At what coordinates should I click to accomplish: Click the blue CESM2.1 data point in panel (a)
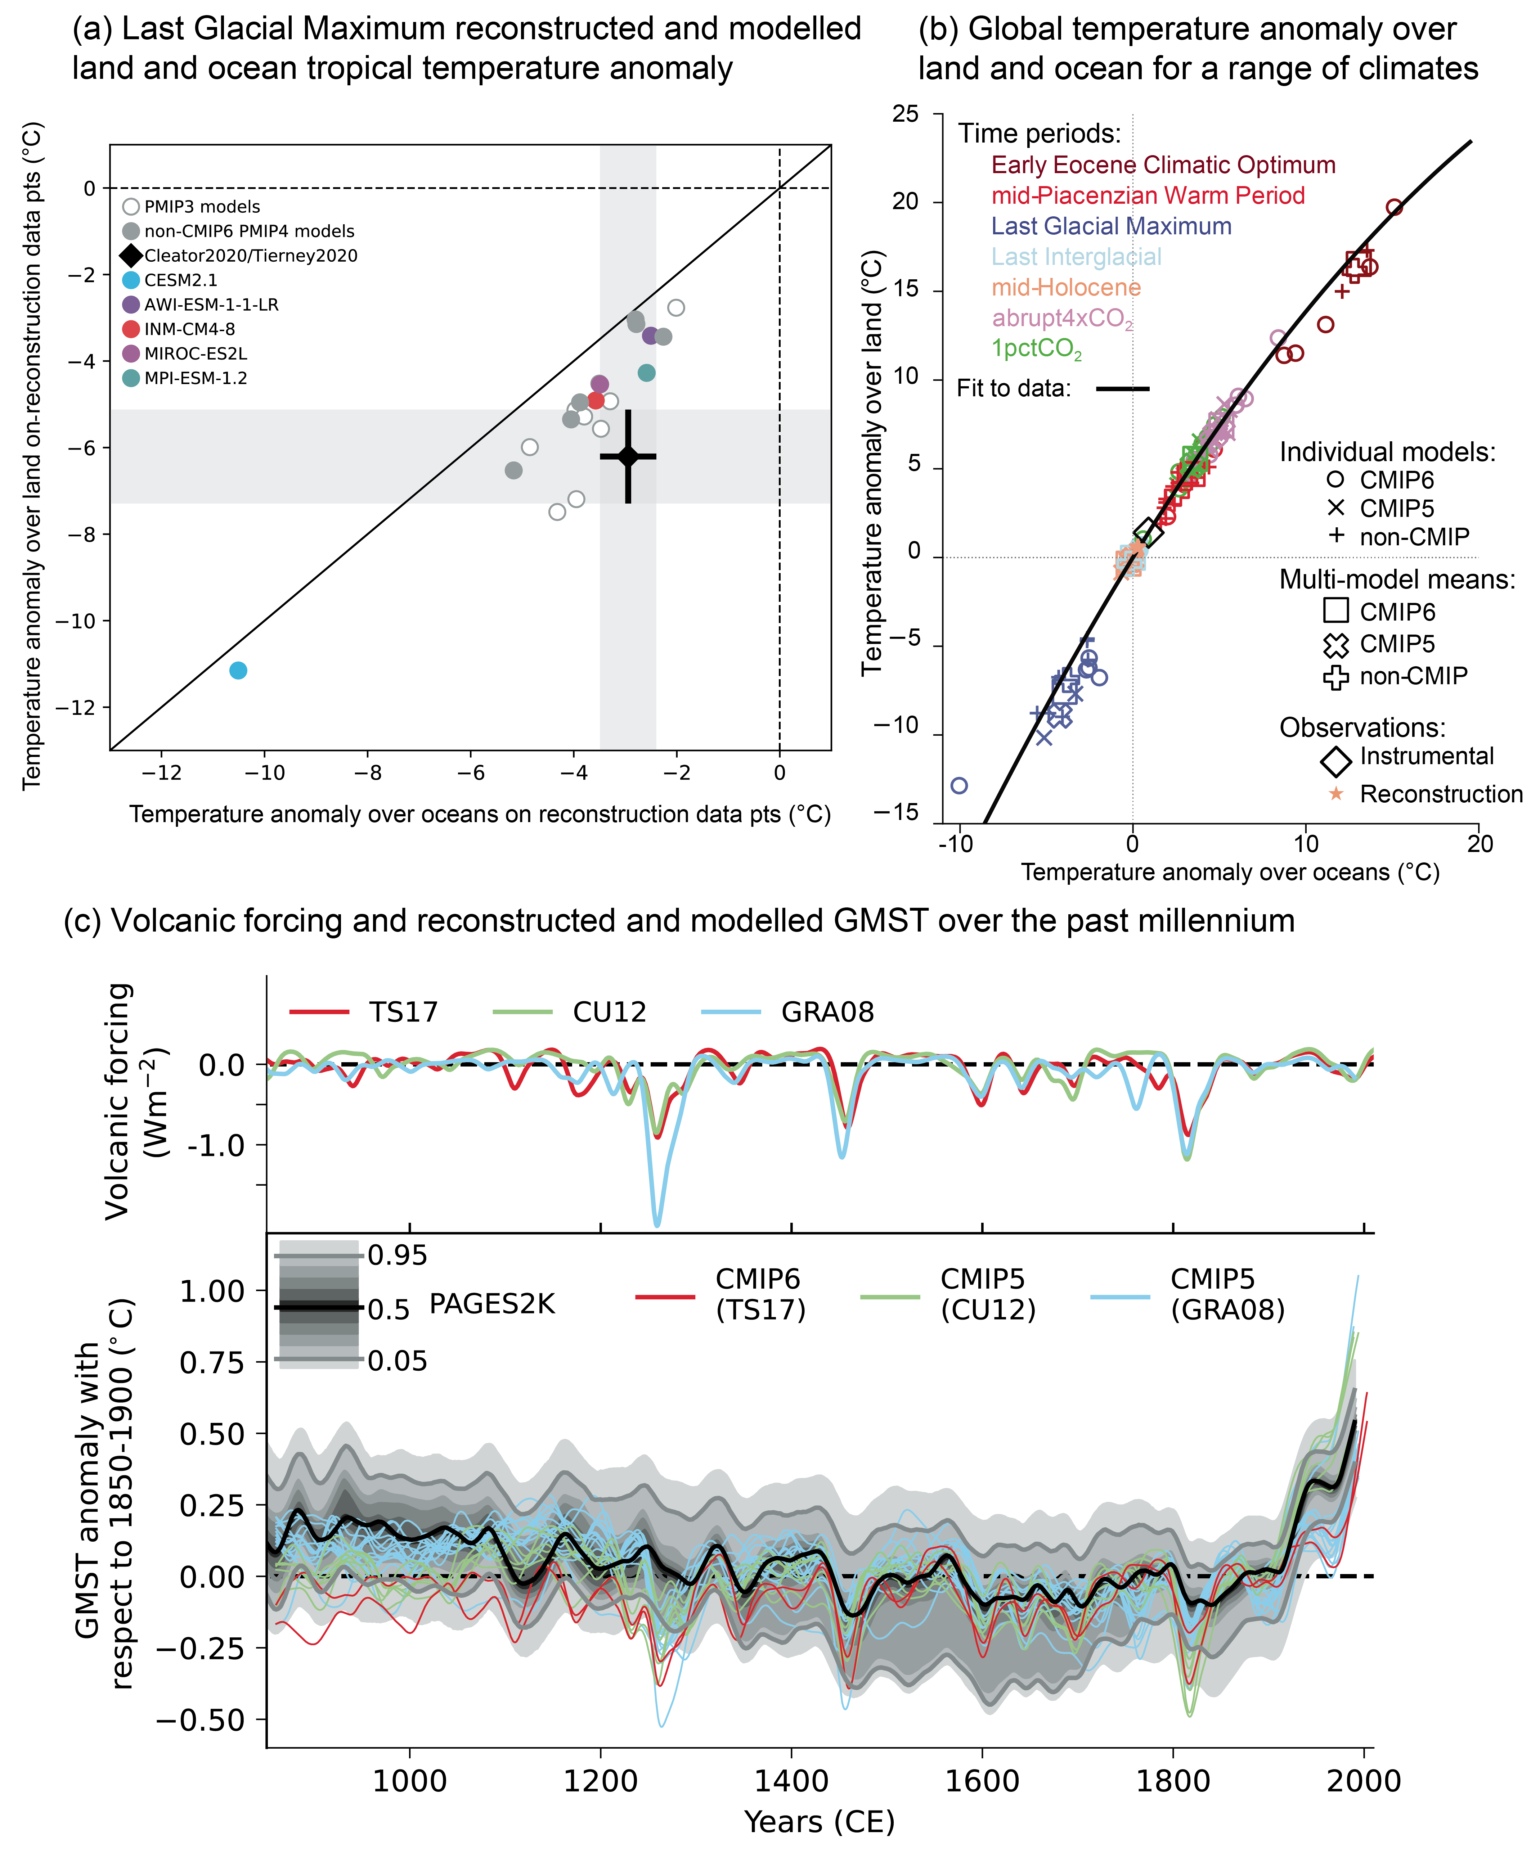point(238,670)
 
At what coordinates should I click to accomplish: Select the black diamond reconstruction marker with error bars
point(628,456)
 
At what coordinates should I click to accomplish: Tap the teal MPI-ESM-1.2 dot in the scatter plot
point(646,373)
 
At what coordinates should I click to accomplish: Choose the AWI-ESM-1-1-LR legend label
point(212,304)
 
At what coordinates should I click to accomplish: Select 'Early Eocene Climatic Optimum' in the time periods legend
point(1163,165)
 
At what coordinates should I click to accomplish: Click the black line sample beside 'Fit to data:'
point(1123,388)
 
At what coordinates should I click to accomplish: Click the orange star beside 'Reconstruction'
point(1336,794)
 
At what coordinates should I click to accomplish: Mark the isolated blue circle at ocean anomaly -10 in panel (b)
point(960,785)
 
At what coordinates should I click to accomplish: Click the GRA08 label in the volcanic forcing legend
point(827,1011)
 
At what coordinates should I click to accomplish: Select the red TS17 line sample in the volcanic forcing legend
point(319,1011)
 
